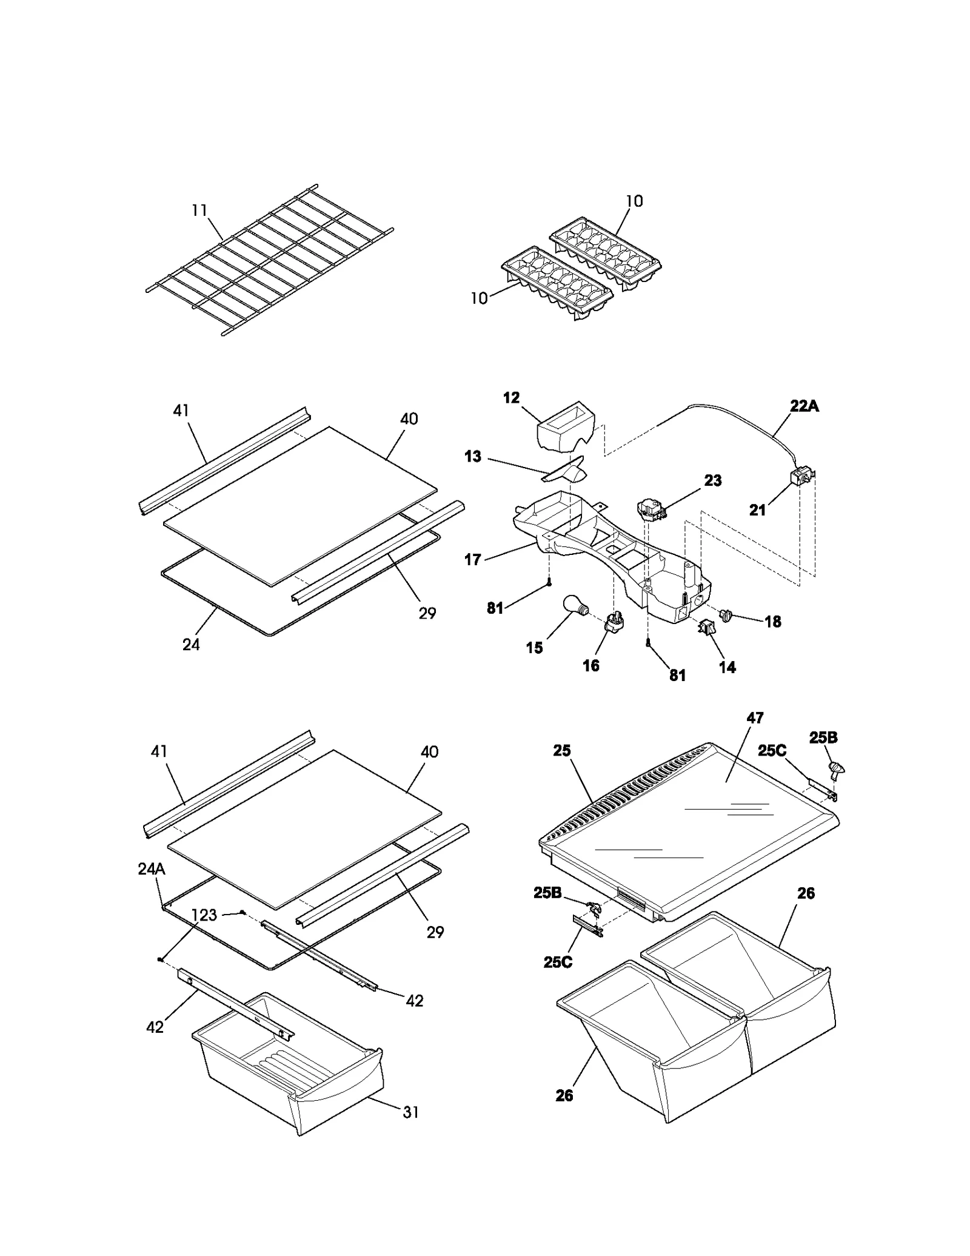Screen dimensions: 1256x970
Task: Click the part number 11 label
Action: click(199, 210)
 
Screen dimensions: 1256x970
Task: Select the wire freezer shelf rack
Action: click(270, 260)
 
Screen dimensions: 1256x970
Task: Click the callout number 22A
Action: click(804, 406)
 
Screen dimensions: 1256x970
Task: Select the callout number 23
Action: click(713, 480)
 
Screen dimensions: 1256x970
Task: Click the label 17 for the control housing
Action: click(473, 560)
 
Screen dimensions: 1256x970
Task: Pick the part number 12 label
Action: click(511, 398)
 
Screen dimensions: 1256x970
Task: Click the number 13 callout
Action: click(473, 457)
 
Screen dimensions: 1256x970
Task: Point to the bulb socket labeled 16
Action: click(614, 622)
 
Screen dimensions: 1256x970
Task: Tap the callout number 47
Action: click(755, 717)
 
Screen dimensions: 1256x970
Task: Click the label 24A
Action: click(151, 868)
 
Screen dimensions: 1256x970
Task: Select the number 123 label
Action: click(204, 915)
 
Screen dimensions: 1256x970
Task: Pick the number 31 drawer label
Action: click(410, 1112)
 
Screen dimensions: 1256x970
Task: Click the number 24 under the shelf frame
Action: click(191, 645)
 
